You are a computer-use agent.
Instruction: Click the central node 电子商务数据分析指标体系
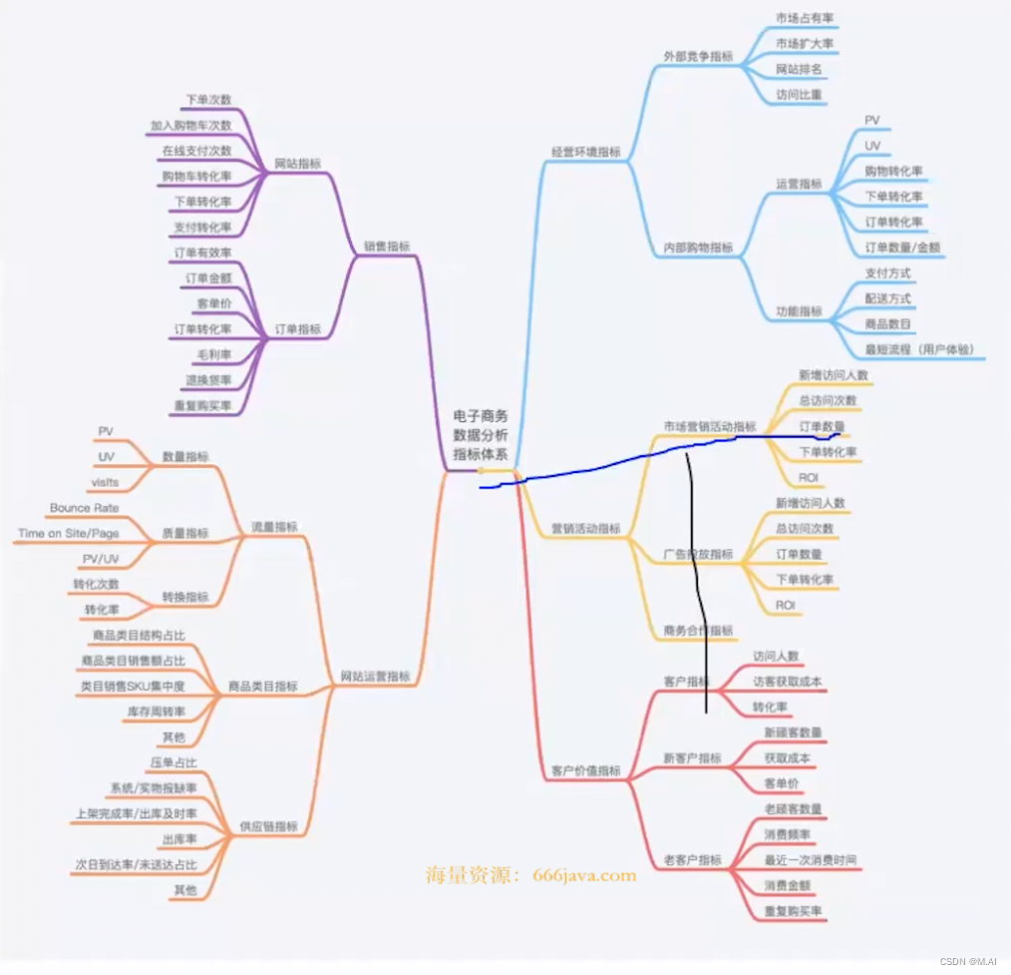point(481,435)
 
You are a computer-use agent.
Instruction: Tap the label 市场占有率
point(806,18)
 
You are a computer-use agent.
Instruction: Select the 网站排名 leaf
point(799,69)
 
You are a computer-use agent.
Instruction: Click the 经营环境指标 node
point(585,152)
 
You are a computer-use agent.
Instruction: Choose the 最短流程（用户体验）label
point(919,349)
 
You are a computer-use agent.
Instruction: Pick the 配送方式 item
point(887,298)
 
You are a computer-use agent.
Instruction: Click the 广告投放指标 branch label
point(698,554)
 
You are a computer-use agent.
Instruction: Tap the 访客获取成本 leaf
point(788,682)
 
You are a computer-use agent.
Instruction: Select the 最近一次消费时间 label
point(810,860)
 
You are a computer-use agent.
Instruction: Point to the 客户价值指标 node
point(585,771)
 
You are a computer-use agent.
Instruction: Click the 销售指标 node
point(387,246)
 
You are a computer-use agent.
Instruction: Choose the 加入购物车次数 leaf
point(190,126)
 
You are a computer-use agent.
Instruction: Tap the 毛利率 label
point(214,354)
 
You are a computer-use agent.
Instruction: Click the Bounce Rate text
point(84,508)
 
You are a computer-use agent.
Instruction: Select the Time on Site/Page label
point(68,534)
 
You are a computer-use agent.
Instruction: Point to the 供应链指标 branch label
point(268,826)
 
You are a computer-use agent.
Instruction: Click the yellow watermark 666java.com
point(584,875)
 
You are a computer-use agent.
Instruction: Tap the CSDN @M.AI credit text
point(971,962)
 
